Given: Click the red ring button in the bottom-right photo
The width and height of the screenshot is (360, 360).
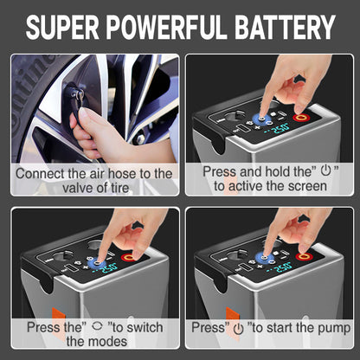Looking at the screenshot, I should pos(304,257).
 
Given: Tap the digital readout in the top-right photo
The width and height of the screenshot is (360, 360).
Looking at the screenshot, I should pos(280,130).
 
